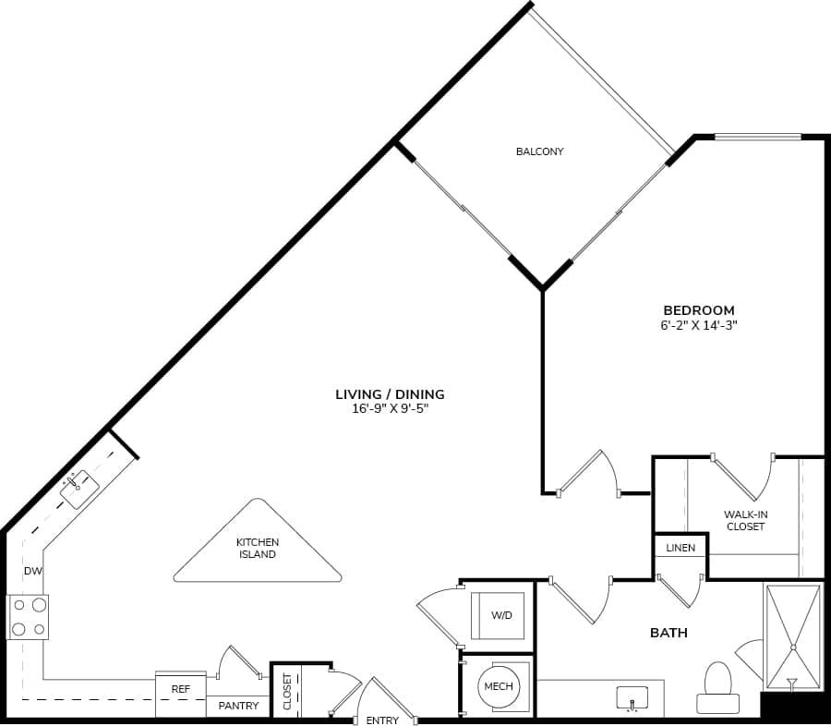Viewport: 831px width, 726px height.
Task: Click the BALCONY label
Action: (x=539, y=151)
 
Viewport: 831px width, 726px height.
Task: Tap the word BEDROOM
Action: (x=699, y=310)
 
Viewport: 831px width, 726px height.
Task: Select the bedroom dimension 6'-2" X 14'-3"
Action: (x=699, y=325)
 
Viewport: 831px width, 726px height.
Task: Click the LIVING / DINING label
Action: (x=390, y=394)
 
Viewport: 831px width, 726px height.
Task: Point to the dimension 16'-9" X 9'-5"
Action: (x=390, y=408)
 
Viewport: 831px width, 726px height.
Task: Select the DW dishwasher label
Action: (x=33, y=572)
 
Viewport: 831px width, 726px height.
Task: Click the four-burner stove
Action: (x=28, y=617)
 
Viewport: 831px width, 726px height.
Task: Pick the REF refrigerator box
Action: (x=180, y=689)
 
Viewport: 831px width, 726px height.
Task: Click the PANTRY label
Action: (x=237, y=706)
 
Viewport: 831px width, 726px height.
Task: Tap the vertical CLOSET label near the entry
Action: (x=287, y=691)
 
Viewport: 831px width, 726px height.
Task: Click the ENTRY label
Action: (x=382, y=720)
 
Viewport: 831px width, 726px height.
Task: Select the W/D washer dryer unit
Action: (x=501, y=615)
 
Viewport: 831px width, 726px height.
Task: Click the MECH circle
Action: (x=498, y=686)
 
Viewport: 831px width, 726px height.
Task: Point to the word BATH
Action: (x=668, y=633)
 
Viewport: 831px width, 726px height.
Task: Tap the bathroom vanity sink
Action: (x=632, y=699)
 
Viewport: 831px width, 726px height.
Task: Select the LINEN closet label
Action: (x=680, y=548)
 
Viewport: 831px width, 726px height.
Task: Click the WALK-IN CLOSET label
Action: (x=744, y=520)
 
